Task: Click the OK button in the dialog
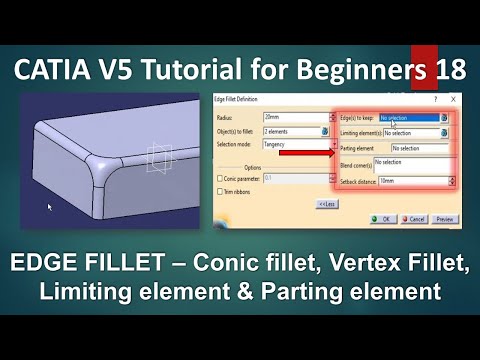tap(382, 218)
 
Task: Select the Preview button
tap(444, 218)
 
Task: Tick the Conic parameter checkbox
tap(221, 178)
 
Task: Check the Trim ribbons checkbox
tap(221, 191)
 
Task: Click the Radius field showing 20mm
tap(290, 118)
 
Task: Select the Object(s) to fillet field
tap(290, 131)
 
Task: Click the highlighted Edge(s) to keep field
tap(408, 118)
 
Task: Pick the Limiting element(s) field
tap(412, 132)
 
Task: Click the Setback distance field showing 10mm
tap(412, 181)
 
